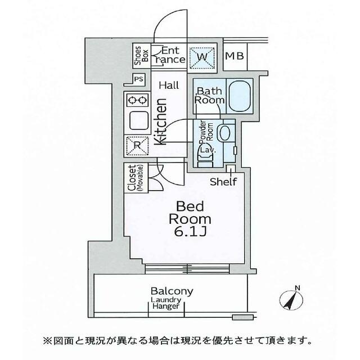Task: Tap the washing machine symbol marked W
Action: click(x=202, y=56)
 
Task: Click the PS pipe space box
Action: click(x=138, y=79)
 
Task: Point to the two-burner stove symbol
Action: click(x=137, y=100)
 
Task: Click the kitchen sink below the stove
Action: click(x=138, y=120)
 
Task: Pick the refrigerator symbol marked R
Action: click(x=137, y=145)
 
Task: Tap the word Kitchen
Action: click(x=159, y=123)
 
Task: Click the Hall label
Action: click(x=169, y=85)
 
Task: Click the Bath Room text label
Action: click(x=210, y=96)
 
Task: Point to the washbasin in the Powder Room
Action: click(x=224, y=134)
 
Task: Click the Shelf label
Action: click(x=223, y=181)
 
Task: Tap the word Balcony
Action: click(x=172, y=291)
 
